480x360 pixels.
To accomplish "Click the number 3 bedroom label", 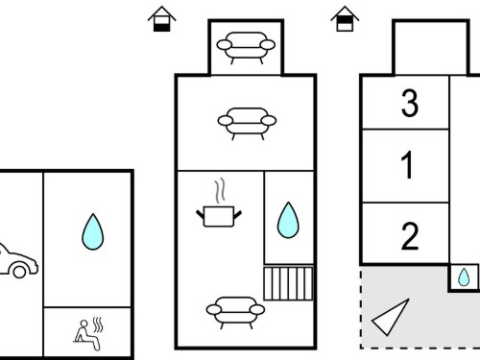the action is (x=410, y=103).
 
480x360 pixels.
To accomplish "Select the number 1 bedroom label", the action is (x=407, y=165).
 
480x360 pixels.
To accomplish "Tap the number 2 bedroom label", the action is (x=410, y=236).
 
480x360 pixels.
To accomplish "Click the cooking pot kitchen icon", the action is (x=219, y=216).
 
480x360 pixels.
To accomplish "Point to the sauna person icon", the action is (x=86, y=335).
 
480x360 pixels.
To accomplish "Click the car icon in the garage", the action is (x=17, y=261).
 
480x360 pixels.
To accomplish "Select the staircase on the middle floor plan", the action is (x=288, y=283).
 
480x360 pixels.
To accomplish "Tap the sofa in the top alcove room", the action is (x=246, y=48).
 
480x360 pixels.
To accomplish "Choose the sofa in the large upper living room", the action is (x=247, y=124).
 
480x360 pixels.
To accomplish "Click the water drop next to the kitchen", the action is (x=288, y=220).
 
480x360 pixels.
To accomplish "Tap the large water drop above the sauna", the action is (x=93, y=231).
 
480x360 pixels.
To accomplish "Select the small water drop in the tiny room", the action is (x=464, y=277).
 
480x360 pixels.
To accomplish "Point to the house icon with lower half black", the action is (x=161, y=19).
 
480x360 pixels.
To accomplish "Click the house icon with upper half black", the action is (x=345, y=19).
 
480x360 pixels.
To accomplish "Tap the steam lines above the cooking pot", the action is (x=220, y=191).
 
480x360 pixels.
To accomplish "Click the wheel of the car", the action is (x=19, y=272).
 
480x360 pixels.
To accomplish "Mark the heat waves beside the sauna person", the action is (x=98, y=324).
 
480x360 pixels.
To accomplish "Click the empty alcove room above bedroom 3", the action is (x=431, y=48).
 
